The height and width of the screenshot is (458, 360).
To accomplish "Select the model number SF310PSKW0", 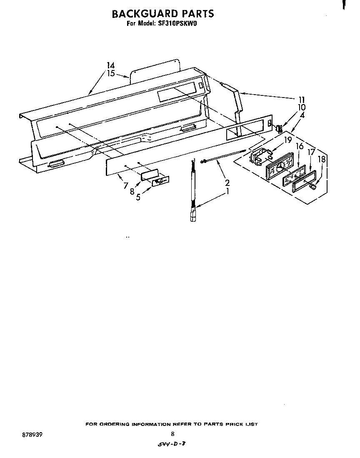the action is [177, 23].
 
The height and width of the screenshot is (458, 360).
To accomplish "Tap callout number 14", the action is [111, 65].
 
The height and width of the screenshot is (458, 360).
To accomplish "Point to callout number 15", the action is [111, 73].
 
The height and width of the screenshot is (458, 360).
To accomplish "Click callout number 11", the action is [302, 100].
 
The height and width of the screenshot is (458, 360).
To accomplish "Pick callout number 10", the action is [302, 108].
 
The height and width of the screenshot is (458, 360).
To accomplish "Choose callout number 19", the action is [288, 140].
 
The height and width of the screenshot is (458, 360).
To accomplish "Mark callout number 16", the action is [300, 146].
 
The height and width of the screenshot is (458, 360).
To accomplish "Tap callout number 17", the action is [312, 152].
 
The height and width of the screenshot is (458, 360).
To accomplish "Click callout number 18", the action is [322, 159].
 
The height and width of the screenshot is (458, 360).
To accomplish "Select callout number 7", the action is [126, 185].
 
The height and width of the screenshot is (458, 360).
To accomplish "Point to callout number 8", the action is [132, 192].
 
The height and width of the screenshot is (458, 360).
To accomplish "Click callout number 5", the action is [138, 198].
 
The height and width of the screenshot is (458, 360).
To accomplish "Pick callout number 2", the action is [227, 183].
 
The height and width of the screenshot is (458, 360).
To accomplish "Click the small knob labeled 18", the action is [313, 186].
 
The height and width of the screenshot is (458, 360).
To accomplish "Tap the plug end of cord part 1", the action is [193, 216].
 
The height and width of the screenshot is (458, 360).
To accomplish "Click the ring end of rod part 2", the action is [202, 161].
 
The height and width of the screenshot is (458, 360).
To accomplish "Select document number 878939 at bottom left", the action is [32, 435].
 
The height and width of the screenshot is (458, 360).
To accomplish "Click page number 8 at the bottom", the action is [172, 434].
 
